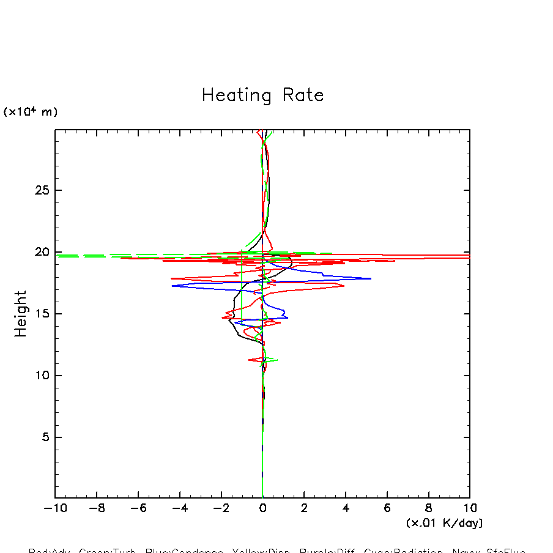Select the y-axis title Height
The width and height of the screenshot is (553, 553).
point(21,314)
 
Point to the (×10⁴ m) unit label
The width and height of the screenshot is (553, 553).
point(31,112)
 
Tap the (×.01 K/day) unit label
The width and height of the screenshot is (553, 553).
point(444,523)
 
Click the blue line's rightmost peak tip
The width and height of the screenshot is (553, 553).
point(371,278)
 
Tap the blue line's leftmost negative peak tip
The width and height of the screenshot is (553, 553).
point(173,286)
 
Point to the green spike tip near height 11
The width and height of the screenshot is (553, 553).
point(278,360)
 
